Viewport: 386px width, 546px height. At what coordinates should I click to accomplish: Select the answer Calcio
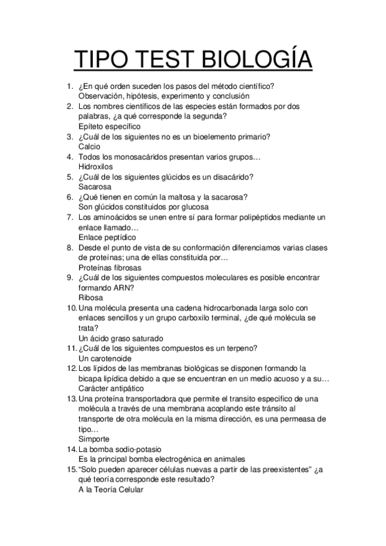(x=90, y=146)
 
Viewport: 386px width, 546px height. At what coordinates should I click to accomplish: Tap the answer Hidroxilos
(x=95, y=166)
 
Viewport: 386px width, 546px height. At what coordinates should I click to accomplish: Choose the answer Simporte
(x=94, y=438)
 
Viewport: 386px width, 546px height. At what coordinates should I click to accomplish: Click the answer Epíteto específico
(x=110, y=126)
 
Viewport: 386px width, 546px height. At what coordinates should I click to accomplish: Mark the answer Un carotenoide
(x=105, y=358)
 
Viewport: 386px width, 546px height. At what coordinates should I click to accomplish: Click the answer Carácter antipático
(x=111, y=388)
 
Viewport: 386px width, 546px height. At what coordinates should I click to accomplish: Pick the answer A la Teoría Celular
(x=110, y=489)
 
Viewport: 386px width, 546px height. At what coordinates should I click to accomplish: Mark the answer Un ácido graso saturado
(x=121, y=338)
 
